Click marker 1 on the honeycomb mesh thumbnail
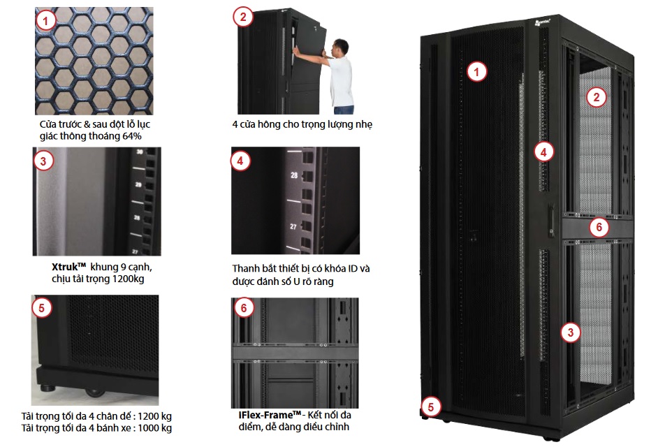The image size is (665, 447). click(45, 21)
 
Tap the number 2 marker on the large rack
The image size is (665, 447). click(595, 97)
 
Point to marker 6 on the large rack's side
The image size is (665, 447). click(598, 227)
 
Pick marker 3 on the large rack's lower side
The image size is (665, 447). click(571, 332)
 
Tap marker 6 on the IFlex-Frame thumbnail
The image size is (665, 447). click(242, 308)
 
